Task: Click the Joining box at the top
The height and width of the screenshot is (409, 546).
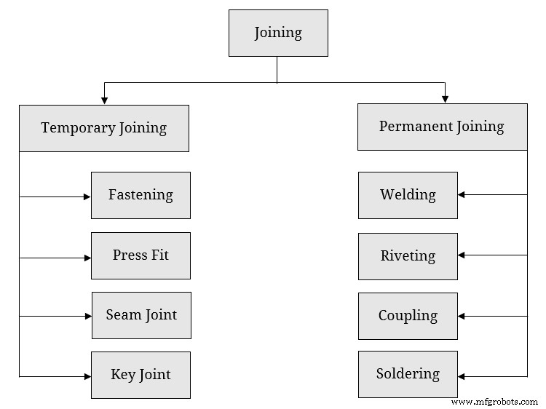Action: click(278, 33)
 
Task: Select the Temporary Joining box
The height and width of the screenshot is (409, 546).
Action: click(103, 128)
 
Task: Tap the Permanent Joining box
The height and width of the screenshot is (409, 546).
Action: click(442, 127)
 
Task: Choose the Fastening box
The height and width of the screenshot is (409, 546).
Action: click(141, 195)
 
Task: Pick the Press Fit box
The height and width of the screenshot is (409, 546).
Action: click(141, 255)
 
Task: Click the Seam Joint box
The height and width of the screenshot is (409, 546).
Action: click(141, 315)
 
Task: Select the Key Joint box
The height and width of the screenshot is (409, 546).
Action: click(141, 375)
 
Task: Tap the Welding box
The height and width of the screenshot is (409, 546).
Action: click(408, 195)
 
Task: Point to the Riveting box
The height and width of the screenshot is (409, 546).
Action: click(408, 256)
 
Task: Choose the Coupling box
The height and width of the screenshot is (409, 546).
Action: click(408, 316)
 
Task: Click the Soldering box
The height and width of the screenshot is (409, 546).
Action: click(408, 374)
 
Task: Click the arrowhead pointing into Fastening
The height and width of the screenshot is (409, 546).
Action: click(87, 196)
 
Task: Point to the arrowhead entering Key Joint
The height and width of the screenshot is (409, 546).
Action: click(87, 376)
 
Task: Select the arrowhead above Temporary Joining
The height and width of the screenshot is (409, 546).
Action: click(105, 100)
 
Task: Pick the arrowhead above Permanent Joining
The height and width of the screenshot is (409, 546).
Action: click(445, 98)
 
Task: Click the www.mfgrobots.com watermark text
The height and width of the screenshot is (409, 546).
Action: click(494, 402)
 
